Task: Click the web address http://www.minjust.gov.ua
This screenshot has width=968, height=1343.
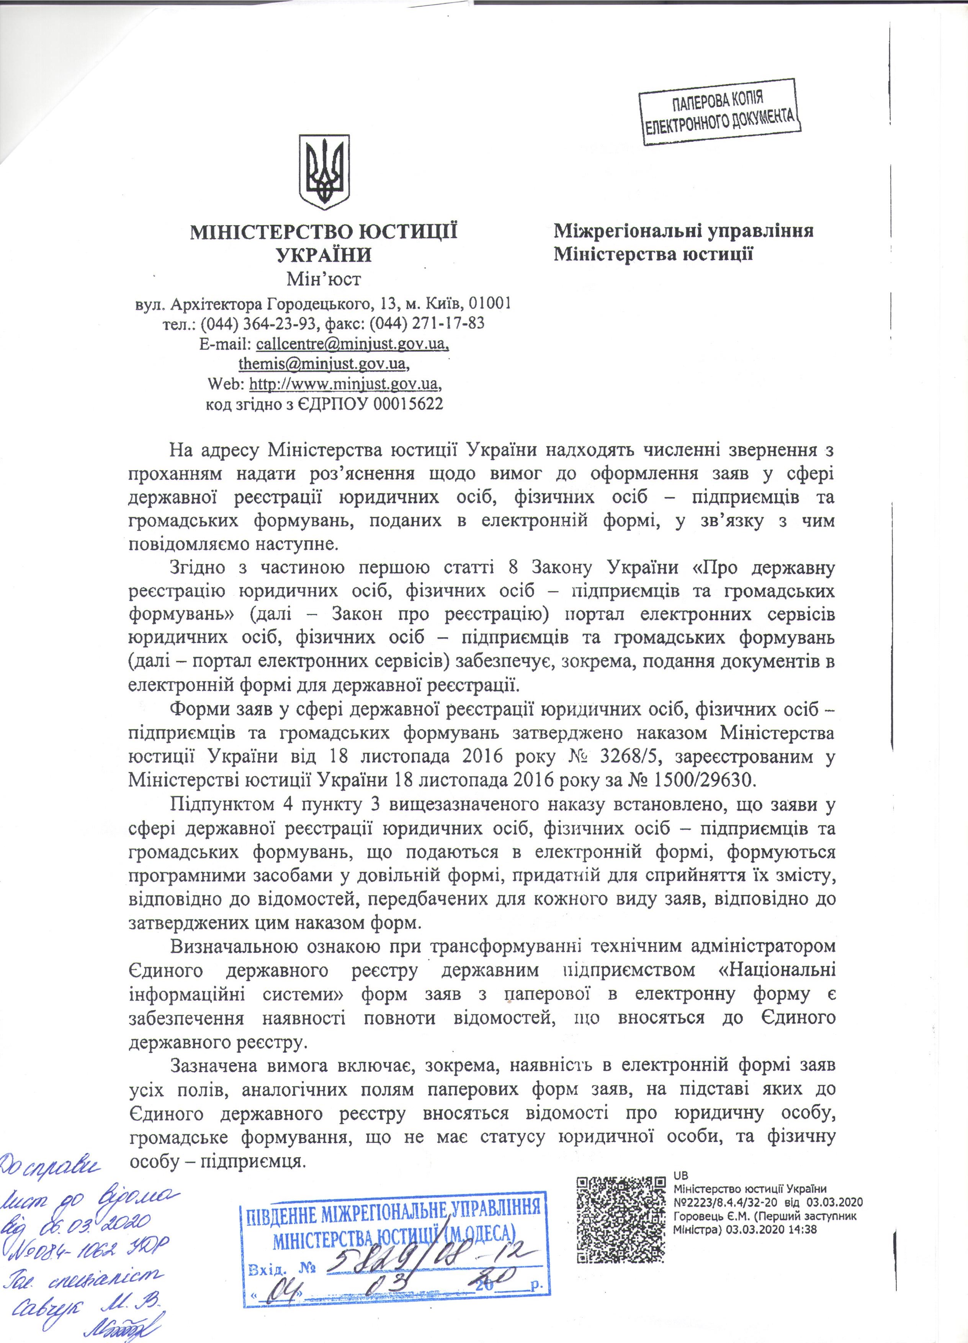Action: (345, 384)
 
